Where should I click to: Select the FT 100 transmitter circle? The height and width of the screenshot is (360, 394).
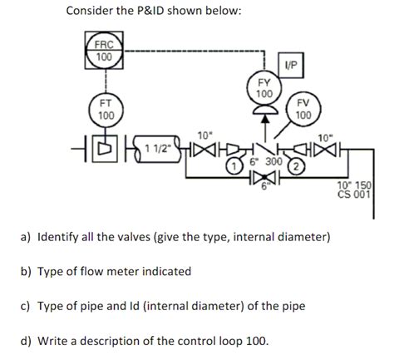click(x=106, y=109)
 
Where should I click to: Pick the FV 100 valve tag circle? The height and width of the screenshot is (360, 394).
click(x=303, y=110)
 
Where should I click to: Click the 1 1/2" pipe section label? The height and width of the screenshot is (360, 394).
click(x=158, y=148)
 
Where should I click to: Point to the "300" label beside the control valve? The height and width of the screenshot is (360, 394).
click(x=274, y=160)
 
